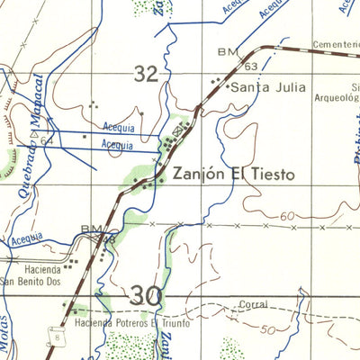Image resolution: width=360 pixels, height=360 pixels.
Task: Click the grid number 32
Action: coord(146,75)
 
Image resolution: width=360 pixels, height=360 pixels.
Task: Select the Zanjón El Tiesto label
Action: coord(233,174)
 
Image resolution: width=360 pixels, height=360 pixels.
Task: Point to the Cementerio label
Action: coord(329,43)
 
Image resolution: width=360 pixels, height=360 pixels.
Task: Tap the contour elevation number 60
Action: coord(288,217)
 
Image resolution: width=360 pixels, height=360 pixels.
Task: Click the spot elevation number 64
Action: coord(46,140)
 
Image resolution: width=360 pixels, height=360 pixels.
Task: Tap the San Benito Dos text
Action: coord(32,281)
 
